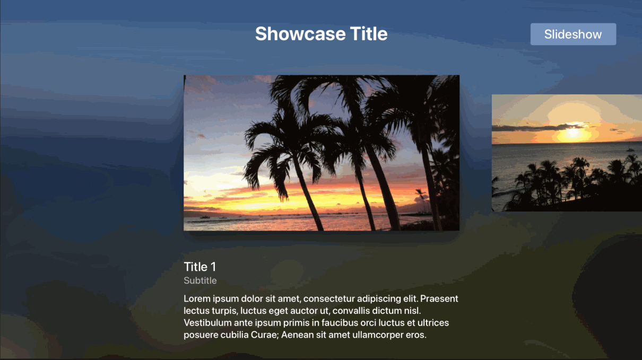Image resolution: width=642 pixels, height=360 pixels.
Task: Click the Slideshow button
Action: (573, 34)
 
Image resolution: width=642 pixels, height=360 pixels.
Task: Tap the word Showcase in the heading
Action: (300, 34)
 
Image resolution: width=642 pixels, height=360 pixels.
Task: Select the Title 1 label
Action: (200, 267)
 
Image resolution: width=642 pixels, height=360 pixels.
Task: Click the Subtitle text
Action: (200, 280)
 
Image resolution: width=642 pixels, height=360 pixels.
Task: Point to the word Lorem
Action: (197, 298)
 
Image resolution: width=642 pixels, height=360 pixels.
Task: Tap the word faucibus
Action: (340, 323)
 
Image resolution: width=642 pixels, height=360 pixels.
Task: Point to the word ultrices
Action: (433, 323)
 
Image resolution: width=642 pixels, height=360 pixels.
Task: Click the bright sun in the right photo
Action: (572, 133)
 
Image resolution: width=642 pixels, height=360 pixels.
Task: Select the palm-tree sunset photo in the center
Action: (322, 153)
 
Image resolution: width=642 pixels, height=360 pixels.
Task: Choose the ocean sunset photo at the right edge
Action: (567, 153)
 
